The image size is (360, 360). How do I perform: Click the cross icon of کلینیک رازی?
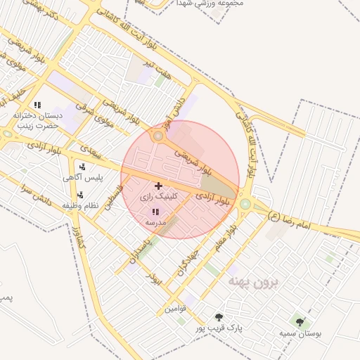[x=157, y=186]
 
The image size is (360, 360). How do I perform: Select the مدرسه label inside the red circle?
[x=155, y=221]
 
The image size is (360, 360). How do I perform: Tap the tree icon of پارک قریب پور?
[x=219, y=317]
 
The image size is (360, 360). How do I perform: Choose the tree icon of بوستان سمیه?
[x=300, y=322]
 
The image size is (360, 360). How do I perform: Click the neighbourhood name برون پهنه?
[x=254, y=283]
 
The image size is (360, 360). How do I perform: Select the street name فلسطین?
[x=114, y=198]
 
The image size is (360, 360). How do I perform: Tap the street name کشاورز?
[x=79, y=239]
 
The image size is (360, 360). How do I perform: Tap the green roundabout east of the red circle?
[x=245, y=204]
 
